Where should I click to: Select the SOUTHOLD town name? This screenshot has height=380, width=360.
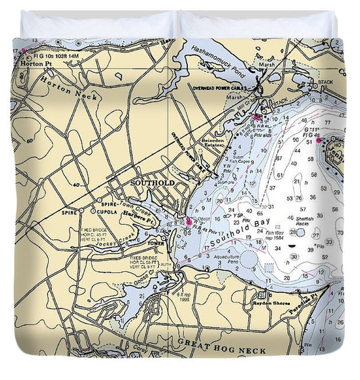pyautogui.click(x=152, y=183)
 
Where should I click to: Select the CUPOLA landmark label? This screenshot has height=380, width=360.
pyautogui.click(x=99, y=211)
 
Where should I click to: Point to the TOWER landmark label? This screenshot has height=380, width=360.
pyautogui.click(x=156, y=243)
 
